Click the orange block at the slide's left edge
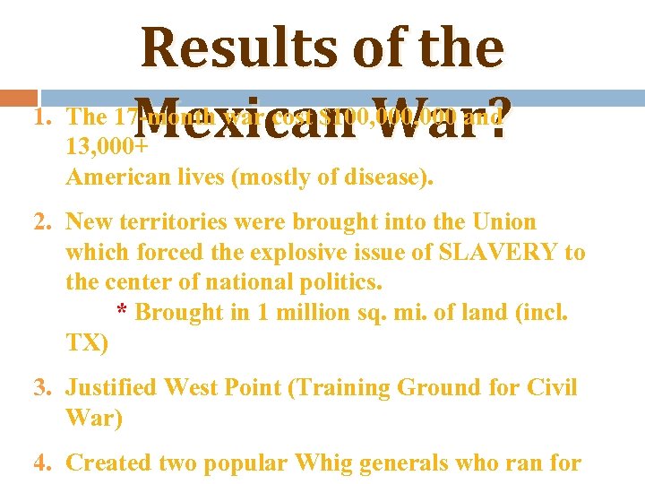18,96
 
